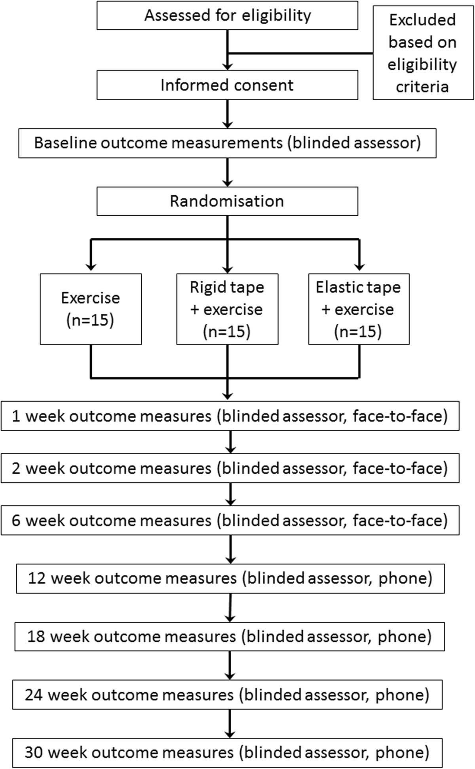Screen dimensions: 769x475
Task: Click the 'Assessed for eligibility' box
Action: (x=227, y=16)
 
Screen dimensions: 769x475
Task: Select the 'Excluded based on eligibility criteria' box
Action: (x=422, y=53)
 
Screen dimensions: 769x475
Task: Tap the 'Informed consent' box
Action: (x=227, y=85)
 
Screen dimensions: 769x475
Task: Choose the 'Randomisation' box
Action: (x=227, y=201)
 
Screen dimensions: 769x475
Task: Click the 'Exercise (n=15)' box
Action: (x=91, y=309)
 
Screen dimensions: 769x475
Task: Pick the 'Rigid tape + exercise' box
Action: (x=227, y=309)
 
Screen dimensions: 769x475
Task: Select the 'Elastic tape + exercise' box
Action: (x=359, y=309)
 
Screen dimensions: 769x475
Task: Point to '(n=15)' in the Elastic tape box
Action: (x=358, y=331)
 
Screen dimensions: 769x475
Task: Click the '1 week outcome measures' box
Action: (x=230, y=416)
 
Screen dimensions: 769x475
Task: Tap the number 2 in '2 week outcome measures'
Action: (x=16, y=469)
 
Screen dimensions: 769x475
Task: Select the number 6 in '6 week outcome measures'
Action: (x=16, y=520)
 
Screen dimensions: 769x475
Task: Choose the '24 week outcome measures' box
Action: (x=227, y=695)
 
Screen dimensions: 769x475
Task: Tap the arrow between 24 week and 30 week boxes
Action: (x=230, y=723)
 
